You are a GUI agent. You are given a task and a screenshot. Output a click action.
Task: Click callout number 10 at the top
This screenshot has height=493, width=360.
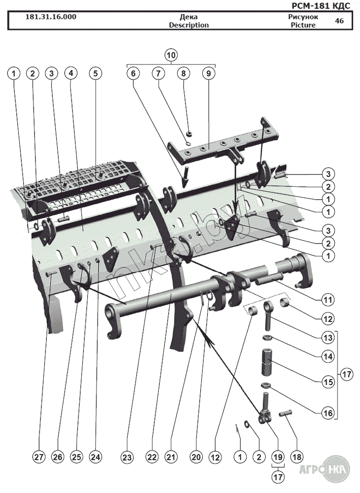click(x=171, y=55)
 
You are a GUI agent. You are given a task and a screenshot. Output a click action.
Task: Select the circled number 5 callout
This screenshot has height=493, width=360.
click(x=95, y=73)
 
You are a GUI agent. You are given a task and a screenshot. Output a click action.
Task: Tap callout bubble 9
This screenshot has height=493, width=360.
click(x=209, y=73)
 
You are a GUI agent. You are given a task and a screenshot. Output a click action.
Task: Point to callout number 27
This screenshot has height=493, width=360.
click(x=38, y=457)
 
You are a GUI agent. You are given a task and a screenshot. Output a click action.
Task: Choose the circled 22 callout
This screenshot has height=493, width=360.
click(x=151, y=457)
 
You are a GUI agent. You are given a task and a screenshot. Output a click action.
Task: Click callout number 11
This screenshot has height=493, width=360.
click(x=328, y=299)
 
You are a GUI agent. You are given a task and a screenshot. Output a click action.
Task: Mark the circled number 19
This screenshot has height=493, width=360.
click(x=278, y=457)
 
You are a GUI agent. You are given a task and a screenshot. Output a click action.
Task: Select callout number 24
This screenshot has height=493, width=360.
click(x=95, y=457)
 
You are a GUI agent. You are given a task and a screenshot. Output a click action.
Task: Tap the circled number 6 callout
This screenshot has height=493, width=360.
click(x=133, y=73)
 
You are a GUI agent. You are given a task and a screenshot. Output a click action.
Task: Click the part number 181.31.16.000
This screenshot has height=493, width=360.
click(x=51, y=17)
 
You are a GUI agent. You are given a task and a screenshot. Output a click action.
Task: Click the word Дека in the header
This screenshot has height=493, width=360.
click(x=189, y=17)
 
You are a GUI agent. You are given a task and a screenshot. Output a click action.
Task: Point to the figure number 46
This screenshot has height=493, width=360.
click(x=339, y=21)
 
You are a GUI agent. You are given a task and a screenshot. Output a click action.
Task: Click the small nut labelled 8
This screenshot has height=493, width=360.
click(x=189, y=133)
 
